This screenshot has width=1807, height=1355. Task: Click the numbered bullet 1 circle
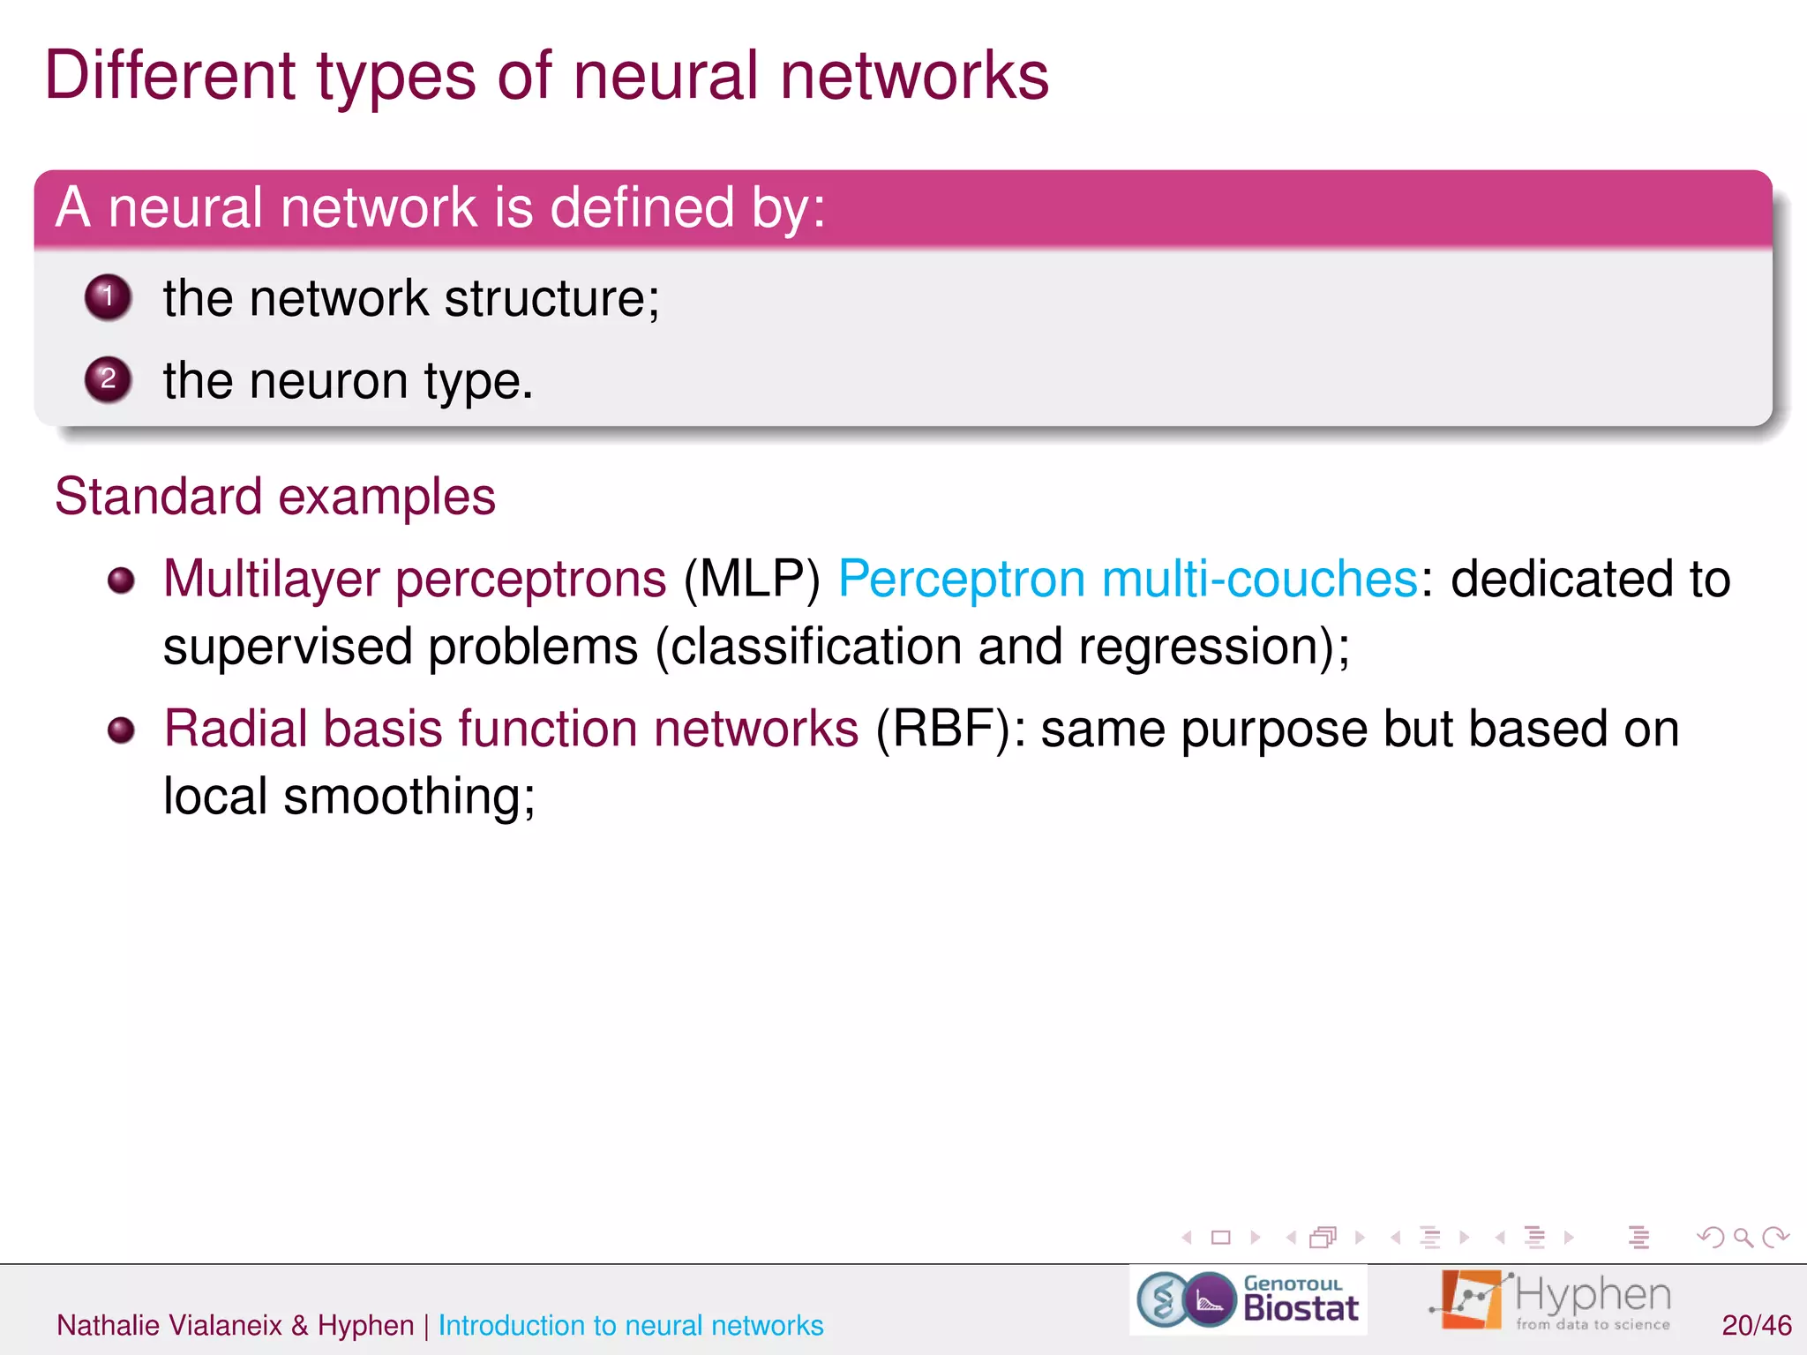108,296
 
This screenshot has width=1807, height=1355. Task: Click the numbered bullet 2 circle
108,379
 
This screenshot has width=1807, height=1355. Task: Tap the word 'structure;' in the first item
551,298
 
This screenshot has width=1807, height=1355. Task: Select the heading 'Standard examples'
275,496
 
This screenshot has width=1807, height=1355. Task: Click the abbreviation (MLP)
752,580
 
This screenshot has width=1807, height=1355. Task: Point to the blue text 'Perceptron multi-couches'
1128,580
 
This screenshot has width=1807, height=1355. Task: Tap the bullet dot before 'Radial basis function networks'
121,730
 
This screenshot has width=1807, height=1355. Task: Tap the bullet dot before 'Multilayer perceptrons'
121,580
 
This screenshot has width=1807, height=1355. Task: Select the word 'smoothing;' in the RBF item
409,797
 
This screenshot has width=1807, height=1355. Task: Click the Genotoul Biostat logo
1248,1300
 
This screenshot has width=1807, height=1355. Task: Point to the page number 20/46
1756,1325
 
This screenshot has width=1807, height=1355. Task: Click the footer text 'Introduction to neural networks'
630,1325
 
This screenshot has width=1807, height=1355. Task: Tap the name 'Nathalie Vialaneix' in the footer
169,1325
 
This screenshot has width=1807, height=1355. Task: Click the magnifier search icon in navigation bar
1743,1238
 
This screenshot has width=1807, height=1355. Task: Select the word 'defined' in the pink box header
641,208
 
